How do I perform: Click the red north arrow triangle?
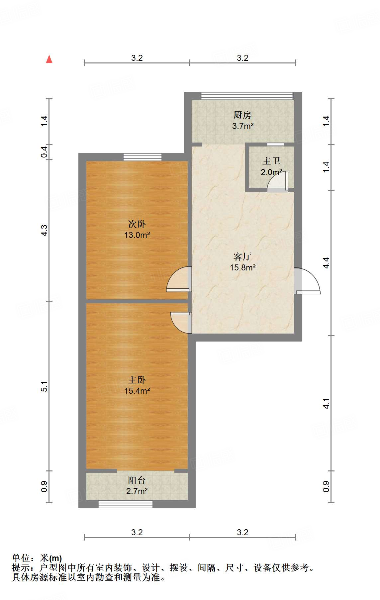[x=49, y=59]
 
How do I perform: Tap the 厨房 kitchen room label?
[x=242, y=115]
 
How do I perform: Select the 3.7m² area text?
[x=243, y=126]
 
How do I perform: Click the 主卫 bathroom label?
[x=271, y=161]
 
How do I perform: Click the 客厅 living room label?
[x=242, y=256]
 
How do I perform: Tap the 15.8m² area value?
[x=243, y=267]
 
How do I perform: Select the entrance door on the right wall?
[x=307, y=281]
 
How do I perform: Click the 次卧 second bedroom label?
[x=137, y=224]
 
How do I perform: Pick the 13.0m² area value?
[x=137, y=235]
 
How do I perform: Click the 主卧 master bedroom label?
[x=137, y=380]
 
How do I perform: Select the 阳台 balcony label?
[x=137, y=480]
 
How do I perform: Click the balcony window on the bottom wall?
[x=126, y=504]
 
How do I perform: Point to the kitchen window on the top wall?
[x=247, y=96]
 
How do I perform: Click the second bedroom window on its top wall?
[x=142, y=157]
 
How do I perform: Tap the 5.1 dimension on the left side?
[x=45, y=386]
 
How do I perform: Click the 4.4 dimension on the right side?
[x=326, y=263]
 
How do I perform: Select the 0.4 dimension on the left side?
[x=45, y=152]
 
